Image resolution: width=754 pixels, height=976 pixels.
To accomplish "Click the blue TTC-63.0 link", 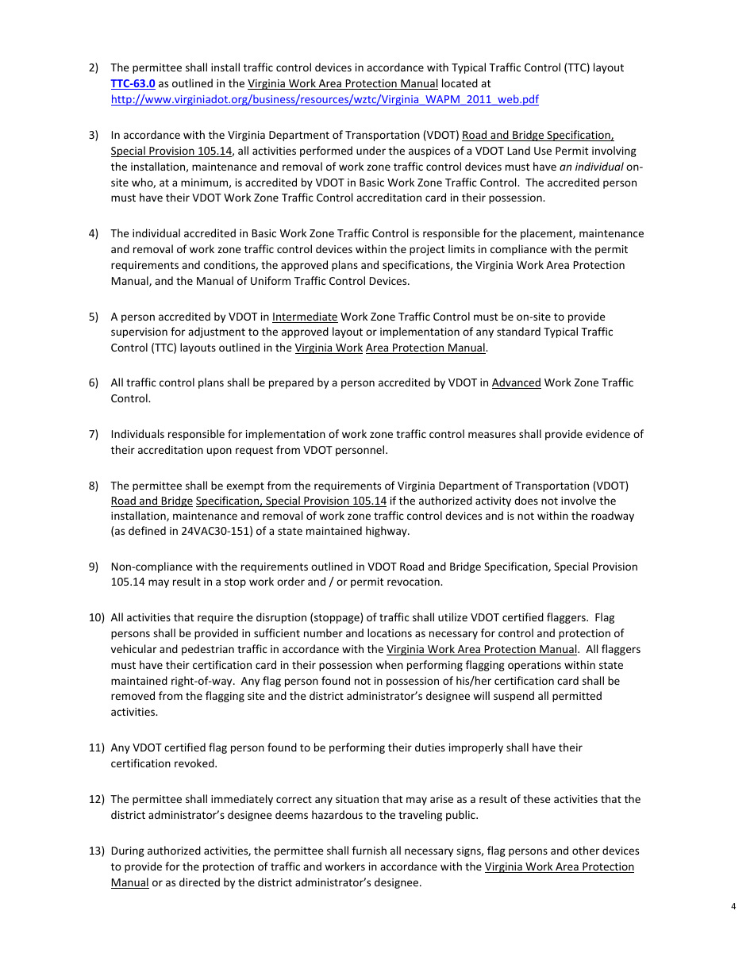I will pyautogui.click(x=133, y=83).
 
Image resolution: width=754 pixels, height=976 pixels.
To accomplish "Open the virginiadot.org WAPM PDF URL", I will pyautogui.click(x=325, y=99).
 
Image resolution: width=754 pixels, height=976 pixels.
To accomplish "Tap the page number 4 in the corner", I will pyautogui.click(x=733, y=907).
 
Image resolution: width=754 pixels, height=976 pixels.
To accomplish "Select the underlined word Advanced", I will pyautogui.click(x=516, y=383).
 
